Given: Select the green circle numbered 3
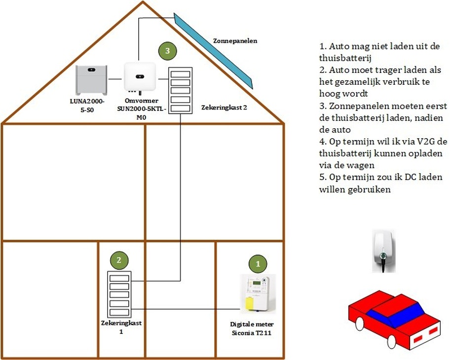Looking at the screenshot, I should click(x=168, y=50).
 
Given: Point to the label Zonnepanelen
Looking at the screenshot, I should click(x=234, y=41).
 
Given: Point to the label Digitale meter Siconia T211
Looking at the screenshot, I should click(x=252, y=328).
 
